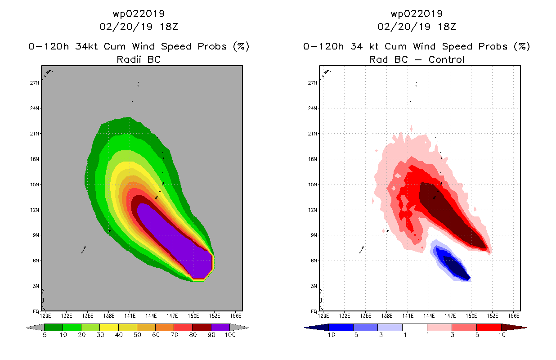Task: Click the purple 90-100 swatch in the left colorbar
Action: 220,328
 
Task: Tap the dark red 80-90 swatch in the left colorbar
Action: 202,328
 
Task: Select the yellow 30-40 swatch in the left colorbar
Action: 109,328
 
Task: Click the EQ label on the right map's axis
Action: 314,311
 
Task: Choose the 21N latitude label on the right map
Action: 313,134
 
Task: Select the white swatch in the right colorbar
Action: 414,328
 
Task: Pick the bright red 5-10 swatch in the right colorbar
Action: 489,328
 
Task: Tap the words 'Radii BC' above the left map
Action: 139,59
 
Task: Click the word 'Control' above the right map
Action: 446,59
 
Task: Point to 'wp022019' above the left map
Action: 139,13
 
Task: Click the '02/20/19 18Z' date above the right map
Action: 417,27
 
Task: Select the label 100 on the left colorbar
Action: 230,335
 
